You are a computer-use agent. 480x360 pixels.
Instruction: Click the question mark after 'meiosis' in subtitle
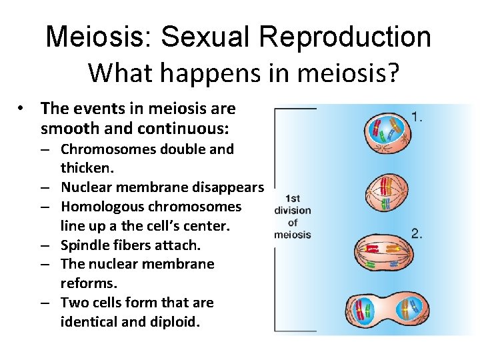pyautogui.click(x=392, y=73)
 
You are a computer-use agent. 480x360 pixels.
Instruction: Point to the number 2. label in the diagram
pyautogui.click(x=417, y=233)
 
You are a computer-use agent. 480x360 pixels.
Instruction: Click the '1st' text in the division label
pyautogui.click(x=292, y=199)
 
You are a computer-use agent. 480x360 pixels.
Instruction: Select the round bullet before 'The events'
pyautogui.click(x=22, y=108)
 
